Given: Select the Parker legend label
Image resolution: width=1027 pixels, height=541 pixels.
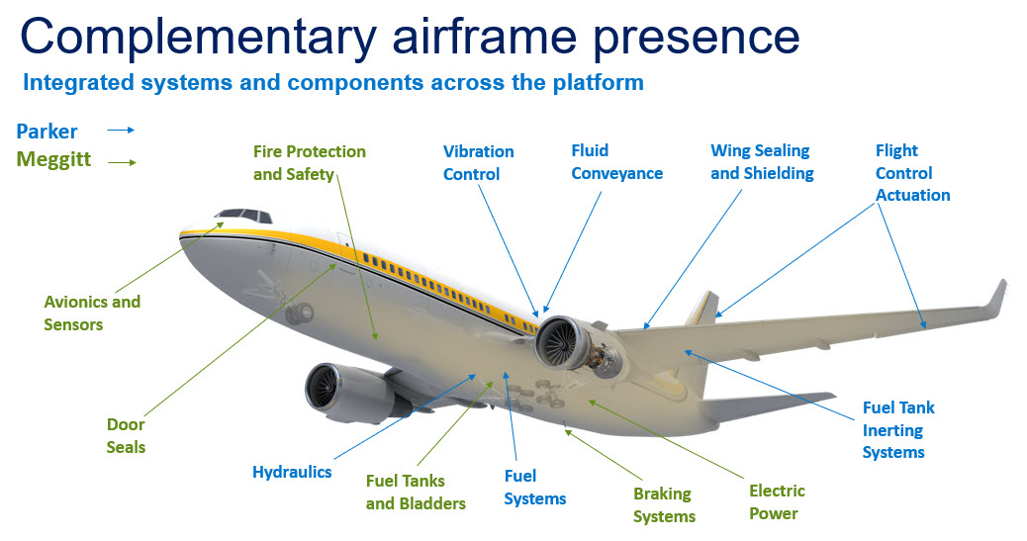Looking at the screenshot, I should [x=47, y=132].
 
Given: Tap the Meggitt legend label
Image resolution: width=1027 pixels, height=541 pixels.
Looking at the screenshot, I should [x=53, y=159].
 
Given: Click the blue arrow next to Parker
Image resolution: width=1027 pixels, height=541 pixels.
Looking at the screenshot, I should [x=120, y=130].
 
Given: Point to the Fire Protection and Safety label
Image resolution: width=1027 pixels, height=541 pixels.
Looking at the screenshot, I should [x=309, y=163].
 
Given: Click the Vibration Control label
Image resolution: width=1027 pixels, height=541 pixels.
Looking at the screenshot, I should [x=478, y=163].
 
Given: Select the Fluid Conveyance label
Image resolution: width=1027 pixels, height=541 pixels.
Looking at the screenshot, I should [x=616, y=162].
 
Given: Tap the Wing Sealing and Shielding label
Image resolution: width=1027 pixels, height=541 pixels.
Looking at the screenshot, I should [x=762, y=162].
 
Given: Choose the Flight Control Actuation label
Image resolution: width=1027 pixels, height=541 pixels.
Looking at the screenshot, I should [x=912, y=173].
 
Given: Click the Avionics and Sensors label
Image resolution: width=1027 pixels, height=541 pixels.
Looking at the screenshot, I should [x=92, y=313].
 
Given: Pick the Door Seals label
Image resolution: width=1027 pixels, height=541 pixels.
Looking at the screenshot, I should [x=126, y=436].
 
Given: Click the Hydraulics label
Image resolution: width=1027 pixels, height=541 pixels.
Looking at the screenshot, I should [x=292, y=472].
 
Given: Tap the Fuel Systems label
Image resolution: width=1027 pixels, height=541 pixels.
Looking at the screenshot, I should [x=534, y=488].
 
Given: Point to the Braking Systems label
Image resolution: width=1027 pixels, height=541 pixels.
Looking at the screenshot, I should [x=664, y=504].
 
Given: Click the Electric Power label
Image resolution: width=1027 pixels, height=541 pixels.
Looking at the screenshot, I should [x=777, y=501].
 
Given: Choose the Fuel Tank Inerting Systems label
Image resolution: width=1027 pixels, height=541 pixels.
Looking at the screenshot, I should [x=897, y=430].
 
